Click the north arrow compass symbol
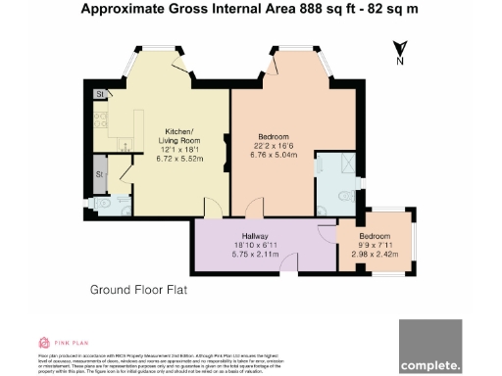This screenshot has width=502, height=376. (x=400, y=50)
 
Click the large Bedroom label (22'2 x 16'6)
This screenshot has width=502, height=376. (x=274, y=137)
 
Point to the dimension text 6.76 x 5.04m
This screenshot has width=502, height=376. (x=274, y=155)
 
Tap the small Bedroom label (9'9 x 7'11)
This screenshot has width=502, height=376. (x=373, y=236)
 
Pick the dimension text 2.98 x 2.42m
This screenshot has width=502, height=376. (x=373, y=255)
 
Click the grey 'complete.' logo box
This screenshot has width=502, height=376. (x=429, y=346)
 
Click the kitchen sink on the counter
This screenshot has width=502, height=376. (x=125, y=144)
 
